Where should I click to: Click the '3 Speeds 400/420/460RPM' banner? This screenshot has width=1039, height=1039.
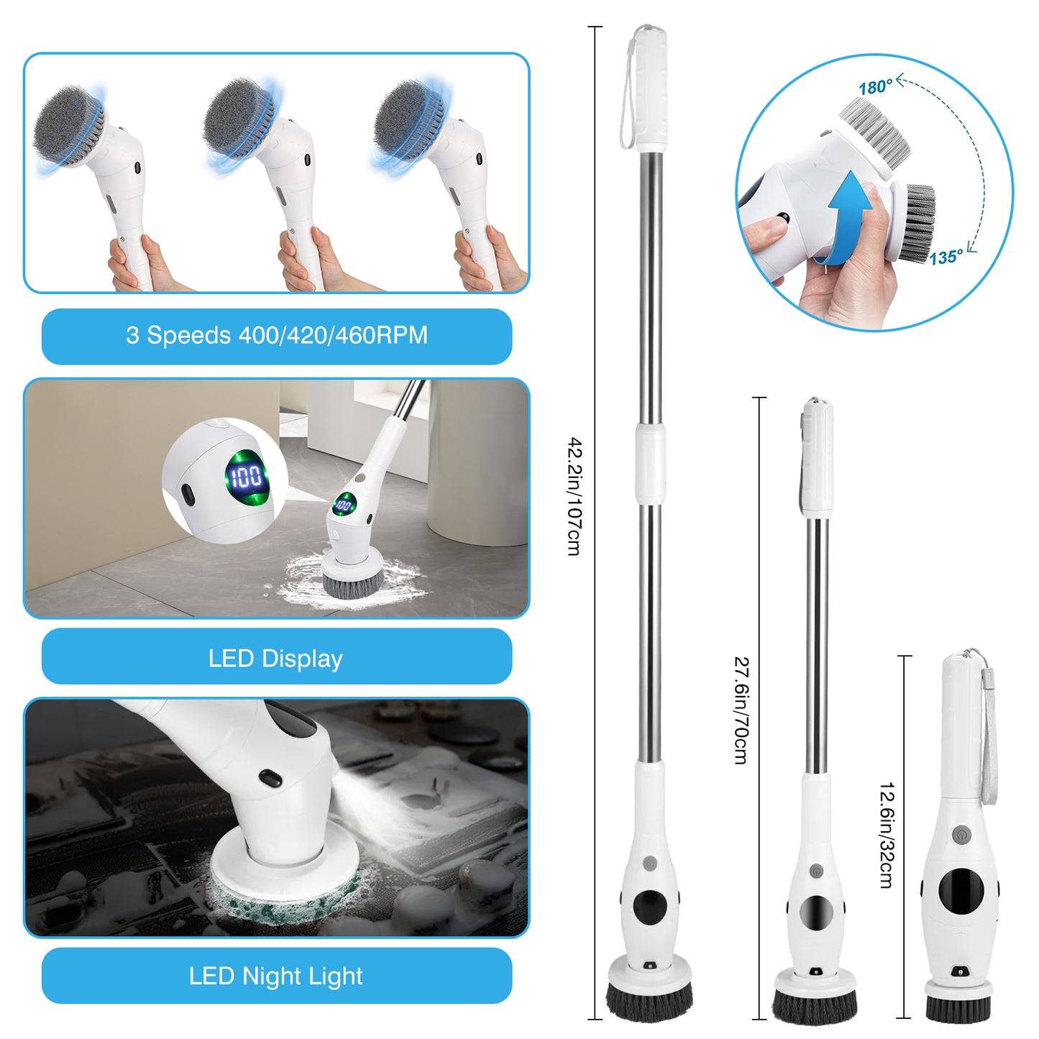tap(277, 336)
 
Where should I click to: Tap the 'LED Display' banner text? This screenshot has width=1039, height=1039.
tap(275, 658)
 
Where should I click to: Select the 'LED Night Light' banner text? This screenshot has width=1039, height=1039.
tap(275, 976)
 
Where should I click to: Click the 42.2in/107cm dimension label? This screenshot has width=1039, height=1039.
tap(574, 496)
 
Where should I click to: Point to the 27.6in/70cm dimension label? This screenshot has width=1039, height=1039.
tap(741, 710)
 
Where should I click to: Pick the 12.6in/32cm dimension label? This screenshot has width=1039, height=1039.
tap(886, 835)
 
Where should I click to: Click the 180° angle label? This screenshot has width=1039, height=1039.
tap(875, 87)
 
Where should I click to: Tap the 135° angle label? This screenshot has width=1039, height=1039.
tap(946, 257)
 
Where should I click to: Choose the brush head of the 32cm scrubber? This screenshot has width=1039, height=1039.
tap(958, 1004)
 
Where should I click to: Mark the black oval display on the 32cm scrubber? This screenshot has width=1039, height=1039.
tap(961, 889)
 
